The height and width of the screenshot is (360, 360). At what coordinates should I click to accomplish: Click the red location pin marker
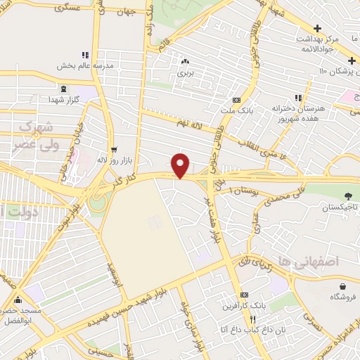click(x=181, y=165)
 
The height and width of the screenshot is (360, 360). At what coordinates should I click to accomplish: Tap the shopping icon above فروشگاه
click(x=342, y=286)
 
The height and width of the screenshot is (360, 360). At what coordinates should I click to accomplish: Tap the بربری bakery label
click(x=184, y=72)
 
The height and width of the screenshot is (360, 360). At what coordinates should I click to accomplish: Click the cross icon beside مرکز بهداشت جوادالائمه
click(x=318, y=28)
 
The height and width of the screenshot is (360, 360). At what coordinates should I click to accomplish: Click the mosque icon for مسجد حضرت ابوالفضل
click(x=28, y=289)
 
